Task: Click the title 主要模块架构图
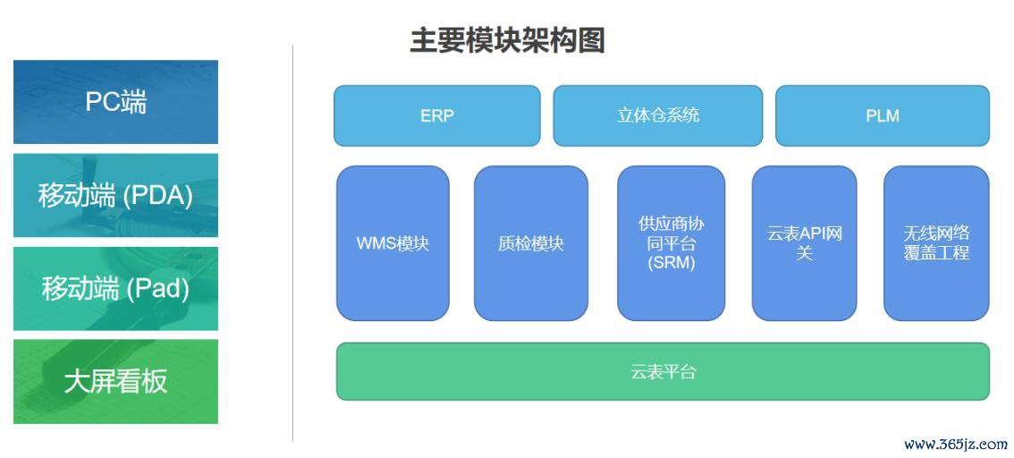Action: (x=507, y=41)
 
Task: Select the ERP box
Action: (x=436, y=115)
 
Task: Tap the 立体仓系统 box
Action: (x=657, y=115)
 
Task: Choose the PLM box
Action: (x=882, y=115)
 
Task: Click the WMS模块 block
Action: (x=393, y=242)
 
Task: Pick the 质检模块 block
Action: (x=530, y=242)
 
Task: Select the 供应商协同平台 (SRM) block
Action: (x=671, y=242)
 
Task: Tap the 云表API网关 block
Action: (x=804, y=242)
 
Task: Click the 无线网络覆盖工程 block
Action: (x=936, y=242)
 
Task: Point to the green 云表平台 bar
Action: (x=663, y=371)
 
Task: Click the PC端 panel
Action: (x=115, y=102)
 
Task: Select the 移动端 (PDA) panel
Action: (x=115, y=195)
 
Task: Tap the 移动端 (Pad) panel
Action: (x=115, y=288)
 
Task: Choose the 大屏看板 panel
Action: (x=115, y=381)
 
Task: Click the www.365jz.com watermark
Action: (x=955, y=445)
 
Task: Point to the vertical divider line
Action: (x=292, y=242)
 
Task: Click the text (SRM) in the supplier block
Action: (x=671, y=263)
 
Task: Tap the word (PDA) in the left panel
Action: (x=158, y=195)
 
